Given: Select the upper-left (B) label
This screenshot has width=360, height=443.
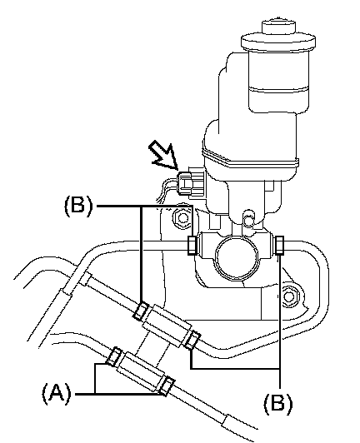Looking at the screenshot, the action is click(78, 207).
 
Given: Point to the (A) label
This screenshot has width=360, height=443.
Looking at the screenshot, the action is click(57, 394).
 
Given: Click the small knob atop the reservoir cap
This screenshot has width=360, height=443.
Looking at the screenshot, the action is click(278, 27).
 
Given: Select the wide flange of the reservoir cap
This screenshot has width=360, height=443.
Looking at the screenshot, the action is click(278, 42).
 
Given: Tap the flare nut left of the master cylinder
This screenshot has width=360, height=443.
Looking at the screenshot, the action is click(192, 245).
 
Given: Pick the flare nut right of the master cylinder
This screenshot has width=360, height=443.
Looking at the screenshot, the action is click(279, 245).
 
